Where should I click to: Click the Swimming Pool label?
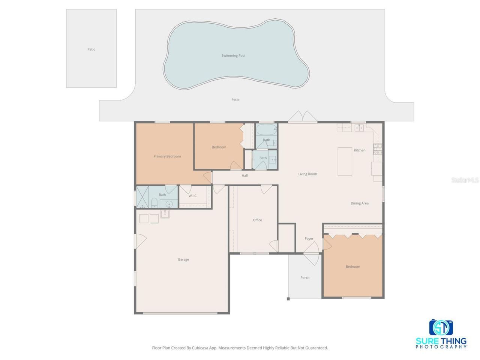(233, 55)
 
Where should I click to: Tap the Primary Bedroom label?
(167, 156)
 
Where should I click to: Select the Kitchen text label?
(359, 150)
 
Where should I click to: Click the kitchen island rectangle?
(345, 161)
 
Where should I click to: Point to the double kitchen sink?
(359, 128)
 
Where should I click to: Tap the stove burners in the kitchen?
(377, 149)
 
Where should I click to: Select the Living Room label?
(307, 174)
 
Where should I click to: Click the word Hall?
(244, 175)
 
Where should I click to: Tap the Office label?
(257, 220)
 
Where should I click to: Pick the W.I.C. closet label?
(193, 196)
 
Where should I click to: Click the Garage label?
(183, 259)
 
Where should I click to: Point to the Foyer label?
(309, 238)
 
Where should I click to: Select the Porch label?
(305, 278)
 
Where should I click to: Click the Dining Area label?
(359, 203)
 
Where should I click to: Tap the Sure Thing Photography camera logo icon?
(441, 328)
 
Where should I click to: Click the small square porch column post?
(288, 299)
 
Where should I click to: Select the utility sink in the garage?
(165, 214)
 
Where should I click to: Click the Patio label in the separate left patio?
(91, 49)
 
